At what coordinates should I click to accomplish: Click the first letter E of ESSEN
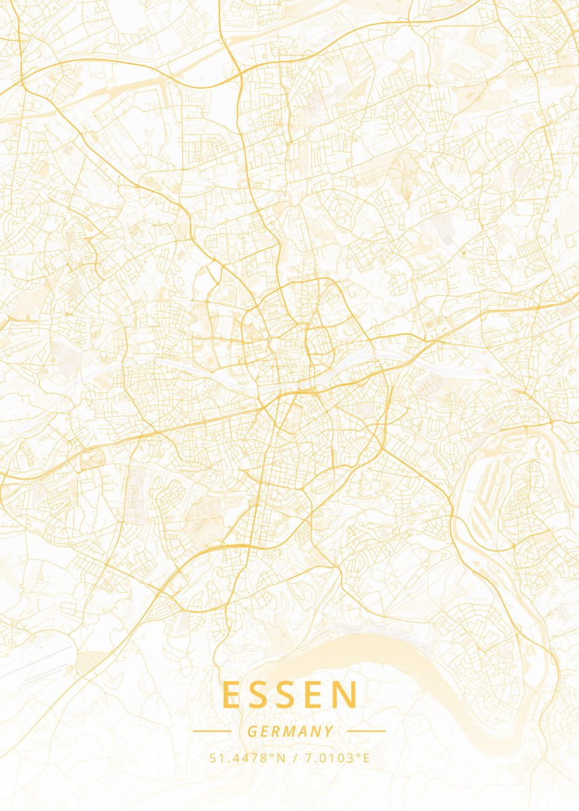click(231, 695)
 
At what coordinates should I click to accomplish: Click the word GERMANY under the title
click(290, 731)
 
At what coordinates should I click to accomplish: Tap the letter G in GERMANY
click(252, 731)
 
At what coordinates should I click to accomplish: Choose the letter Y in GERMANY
click(328, 731)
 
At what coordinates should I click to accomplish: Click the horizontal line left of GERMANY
click(212, 731)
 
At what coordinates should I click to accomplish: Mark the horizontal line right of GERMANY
click(366, 731)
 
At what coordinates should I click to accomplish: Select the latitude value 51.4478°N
click(248, 758)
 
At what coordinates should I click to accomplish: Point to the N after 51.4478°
click(282, 758)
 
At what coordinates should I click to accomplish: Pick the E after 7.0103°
click(366, 758)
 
